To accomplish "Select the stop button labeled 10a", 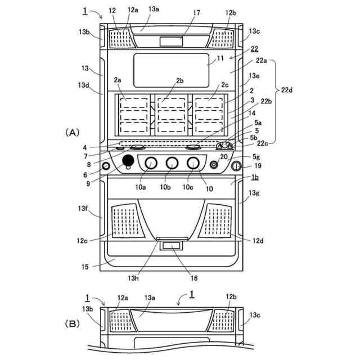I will (x=151, y=163).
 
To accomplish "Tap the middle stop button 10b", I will (x=172, y=163).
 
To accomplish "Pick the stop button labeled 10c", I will (x=193, y=163).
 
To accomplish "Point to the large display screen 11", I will (x=172, y=70).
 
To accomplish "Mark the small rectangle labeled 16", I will (x=172, y=245).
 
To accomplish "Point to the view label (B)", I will (x=73, y=324).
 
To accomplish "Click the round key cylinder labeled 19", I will (x=236, y=166).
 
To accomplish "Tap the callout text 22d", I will (x=287, y=89).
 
